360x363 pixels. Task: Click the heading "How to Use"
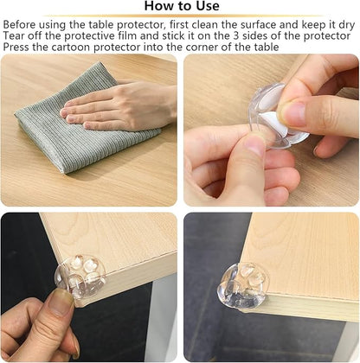pos(182,6)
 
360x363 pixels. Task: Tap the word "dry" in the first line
pos(346,26)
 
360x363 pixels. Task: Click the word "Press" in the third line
pos(16,47)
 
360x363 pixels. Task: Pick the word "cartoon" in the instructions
pos(71,47)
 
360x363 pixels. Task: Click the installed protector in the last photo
pos(244,285)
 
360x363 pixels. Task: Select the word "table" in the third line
pos(267,47)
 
